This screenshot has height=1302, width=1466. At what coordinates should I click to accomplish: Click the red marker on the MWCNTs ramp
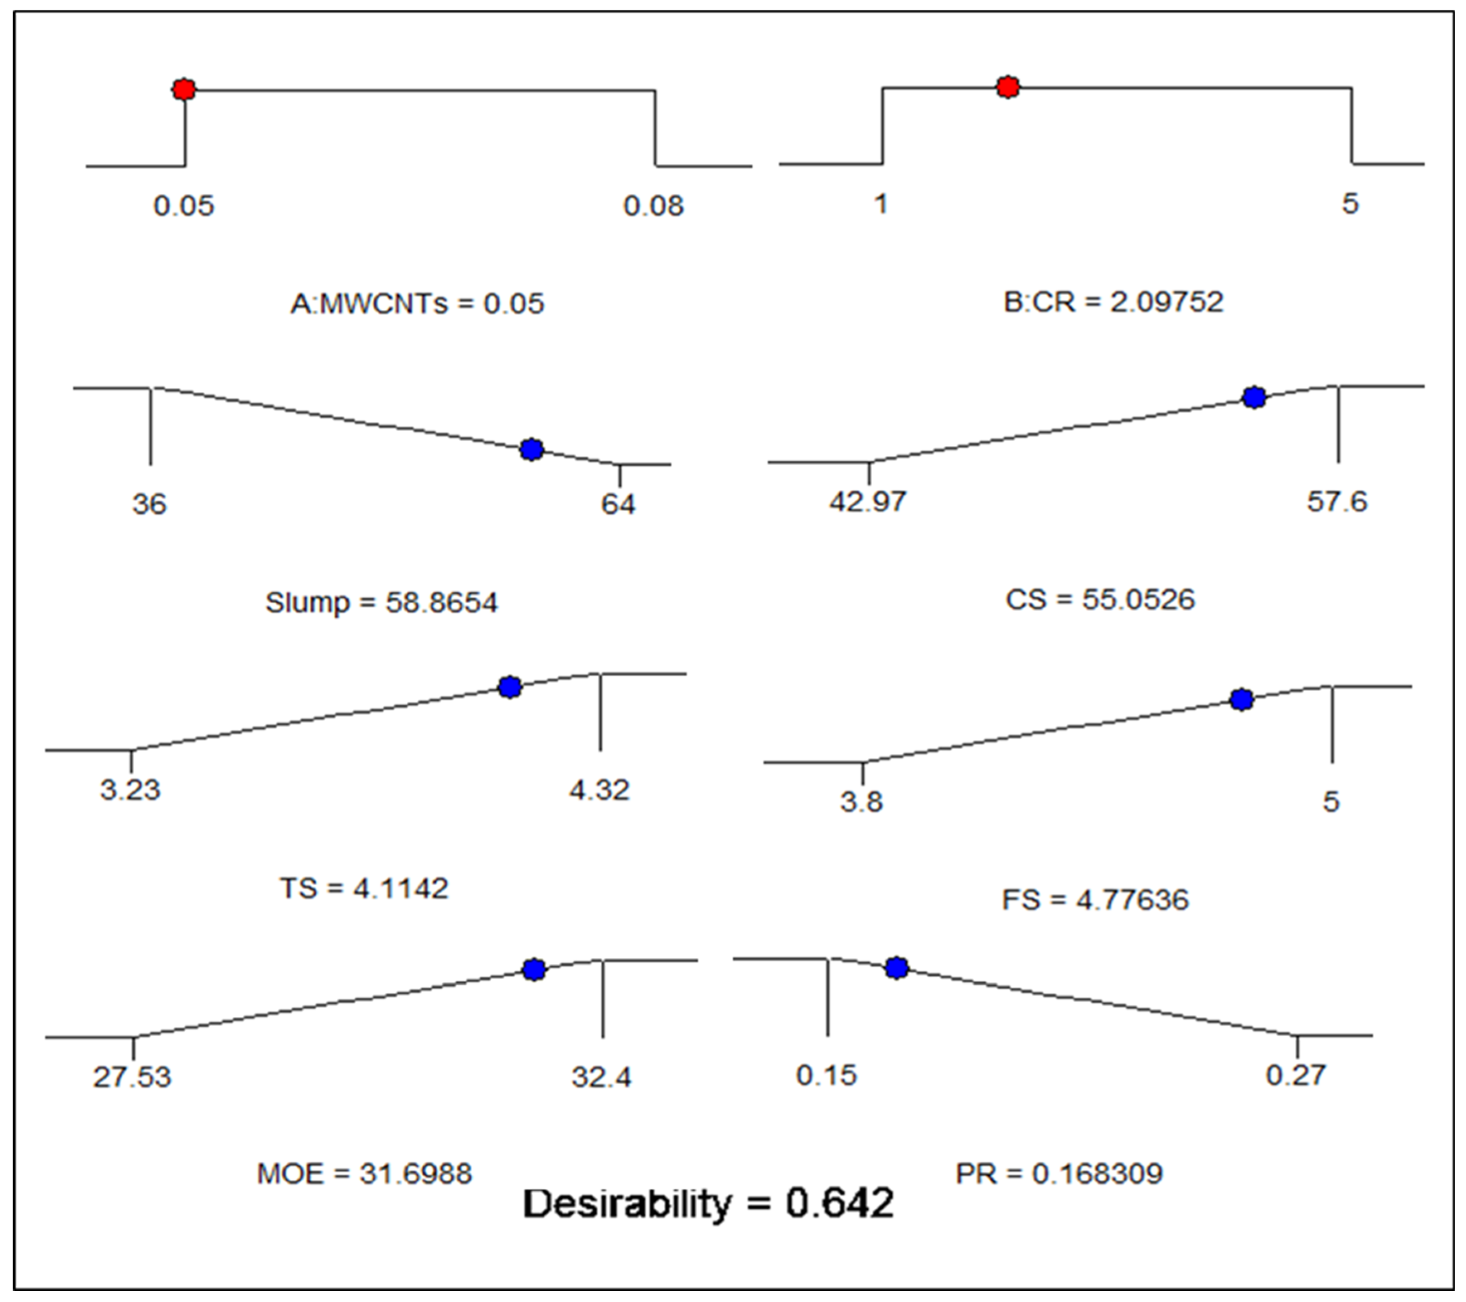pos(184,90)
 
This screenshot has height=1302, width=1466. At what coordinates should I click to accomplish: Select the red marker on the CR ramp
pos(1008,87)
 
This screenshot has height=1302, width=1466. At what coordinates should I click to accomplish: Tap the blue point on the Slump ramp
pos(532,450)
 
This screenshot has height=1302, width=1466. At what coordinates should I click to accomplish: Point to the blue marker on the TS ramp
pos(510,687)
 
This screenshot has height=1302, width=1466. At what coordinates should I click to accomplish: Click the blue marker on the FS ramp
pos(1242,700)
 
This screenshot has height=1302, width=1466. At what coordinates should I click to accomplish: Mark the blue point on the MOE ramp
pos(534,970)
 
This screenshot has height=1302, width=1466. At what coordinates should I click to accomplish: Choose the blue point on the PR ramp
pos(896,969)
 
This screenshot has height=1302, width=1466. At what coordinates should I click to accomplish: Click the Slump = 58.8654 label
pos(381,602)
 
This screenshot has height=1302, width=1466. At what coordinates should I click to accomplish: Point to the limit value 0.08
pos(653,206)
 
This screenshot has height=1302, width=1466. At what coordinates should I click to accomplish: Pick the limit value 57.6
pos(1337,501)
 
